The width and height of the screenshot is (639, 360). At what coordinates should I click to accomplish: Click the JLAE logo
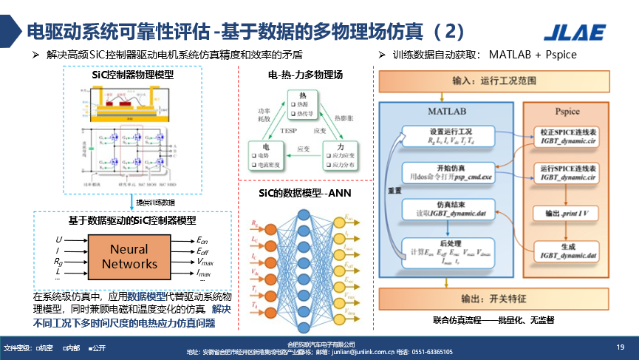point(574,32)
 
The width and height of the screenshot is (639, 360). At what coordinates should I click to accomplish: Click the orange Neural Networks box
point(130,256)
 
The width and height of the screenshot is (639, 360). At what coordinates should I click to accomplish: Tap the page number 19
point(620,346)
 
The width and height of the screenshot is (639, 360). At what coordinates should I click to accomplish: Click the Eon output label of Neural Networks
point(202,240)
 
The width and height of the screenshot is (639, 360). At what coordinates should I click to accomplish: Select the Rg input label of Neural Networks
point(59,261)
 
